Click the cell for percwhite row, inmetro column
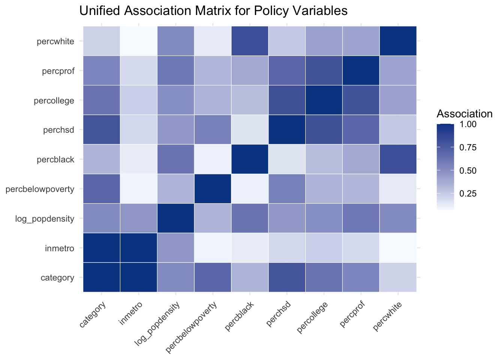(139, 41)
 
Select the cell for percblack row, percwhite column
(398, 159)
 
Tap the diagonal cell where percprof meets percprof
(361, 70)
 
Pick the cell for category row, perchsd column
(287, 277)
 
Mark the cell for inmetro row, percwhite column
(398, 248)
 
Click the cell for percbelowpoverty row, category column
(102, 189)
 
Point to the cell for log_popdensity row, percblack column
(250, 219)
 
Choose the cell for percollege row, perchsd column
(287, 100)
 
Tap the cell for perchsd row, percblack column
(250, 130)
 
